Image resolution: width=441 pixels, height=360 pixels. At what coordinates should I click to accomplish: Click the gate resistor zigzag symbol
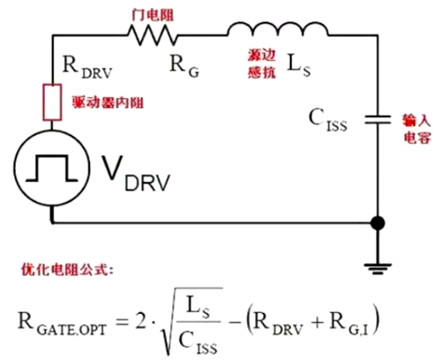(x=153, y=34)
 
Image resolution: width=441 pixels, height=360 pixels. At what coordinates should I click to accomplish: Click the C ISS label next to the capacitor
(x=329, y=119)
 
